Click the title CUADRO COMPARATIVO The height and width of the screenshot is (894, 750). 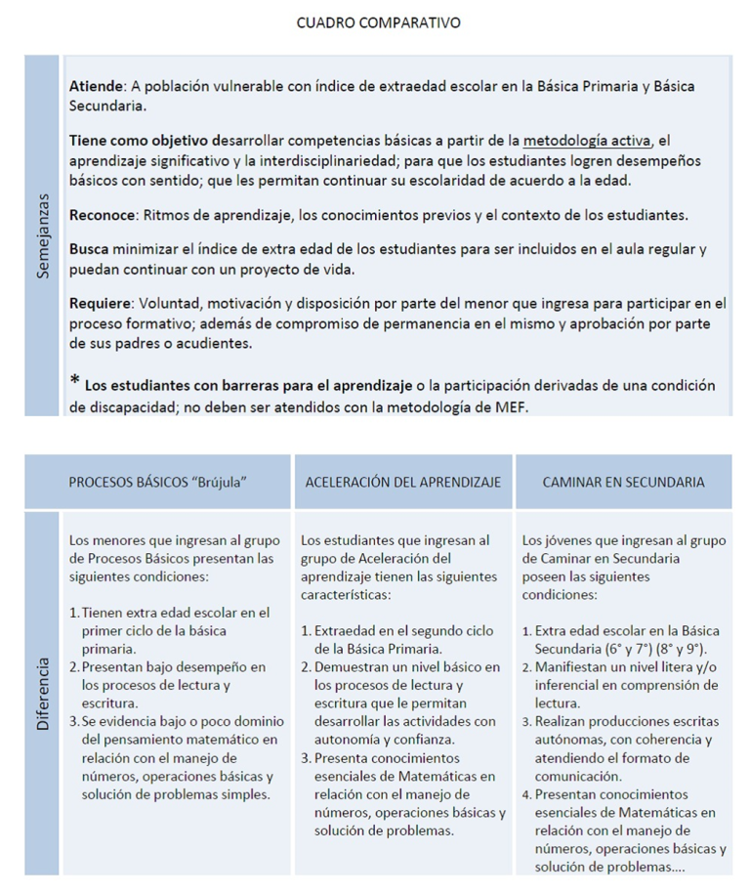tap(378, 22)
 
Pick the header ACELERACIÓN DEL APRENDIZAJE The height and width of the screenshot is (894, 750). tap(403, 482)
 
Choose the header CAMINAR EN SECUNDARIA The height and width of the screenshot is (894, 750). tap(624, 482)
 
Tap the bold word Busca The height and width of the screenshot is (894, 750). tap(90, 249)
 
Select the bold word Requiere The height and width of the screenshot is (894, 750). tap(99, 303)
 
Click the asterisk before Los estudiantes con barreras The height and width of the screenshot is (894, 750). tap(74, 381)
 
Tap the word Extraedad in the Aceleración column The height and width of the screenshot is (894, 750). tap(350, 630)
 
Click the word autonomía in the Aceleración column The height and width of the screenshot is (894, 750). tap(349, 721)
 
